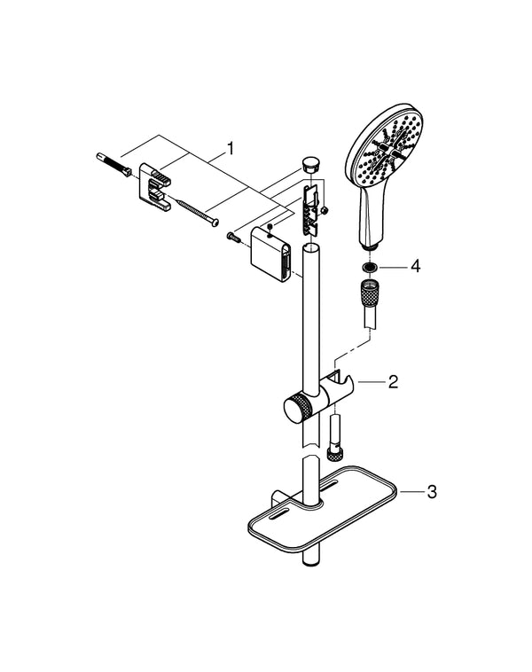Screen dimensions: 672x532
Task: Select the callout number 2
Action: click(391, 383)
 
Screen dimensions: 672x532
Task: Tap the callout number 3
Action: click(431, 489)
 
